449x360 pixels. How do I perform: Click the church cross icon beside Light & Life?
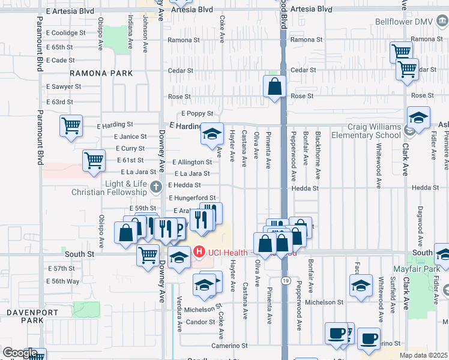pos(157,185)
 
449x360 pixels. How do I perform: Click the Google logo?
pos(19,353)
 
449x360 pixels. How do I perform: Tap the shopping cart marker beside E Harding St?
pos(71,126)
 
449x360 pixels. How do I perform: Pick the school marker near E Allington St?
pos(211,135)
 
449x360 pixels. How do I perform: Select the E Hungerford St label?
pos(192,197)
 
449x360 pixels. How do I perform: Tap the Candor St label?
pos(195,322)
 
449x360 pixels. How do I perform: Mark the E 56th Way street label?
pos(64,281)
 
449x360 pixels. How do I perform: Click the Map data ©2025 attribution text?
pos(423,355)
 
